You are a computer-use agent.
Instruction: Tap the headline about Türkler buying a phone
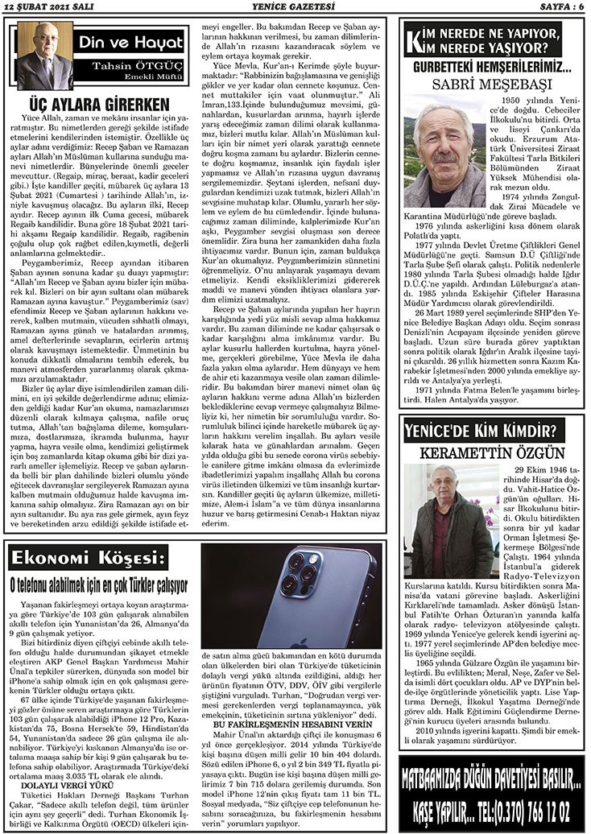click(98, 583)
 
